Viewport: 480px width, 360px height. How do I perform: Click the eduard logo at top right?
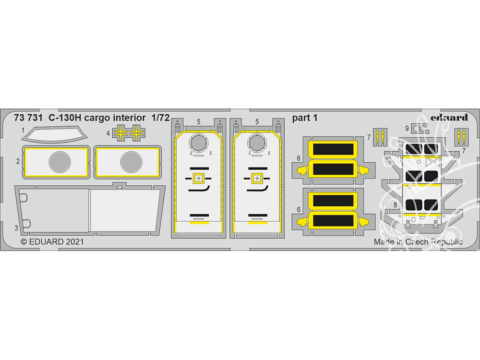449,118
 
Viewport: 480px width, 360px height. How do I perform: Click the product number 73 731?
28,118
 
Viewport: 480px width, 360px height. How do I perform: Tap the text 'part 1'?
305,118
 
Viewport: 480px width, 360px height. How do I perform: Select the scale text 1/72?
160,118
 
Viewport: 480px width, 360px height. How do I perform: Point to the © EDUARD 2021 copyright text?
52,241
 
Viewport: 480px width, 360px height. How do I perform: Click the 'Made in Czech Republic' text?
418,242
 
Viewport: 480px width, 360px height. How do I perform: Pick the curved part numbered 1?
55,135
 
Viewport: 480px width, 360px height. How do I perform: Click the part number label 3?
16,228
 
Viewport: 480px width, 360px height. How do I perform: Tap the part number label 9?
407,129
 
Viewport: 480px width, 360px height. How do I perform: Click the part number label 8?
395,204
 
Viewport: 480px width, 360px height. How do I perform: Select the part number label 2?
18,161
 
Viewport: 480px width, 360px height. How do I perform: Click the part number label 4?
108,133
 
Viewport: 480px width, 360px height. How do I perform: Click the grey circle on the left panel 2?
60,162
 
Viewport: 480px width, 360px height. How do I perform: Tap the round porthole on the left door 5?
198,143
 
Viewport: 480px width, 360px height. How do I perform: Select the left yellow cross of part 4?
121,133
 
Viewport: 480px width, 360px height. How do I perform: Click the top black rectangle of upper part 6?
333,149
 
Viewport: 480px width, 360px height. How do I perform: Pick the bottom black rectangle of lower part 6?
333,220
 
